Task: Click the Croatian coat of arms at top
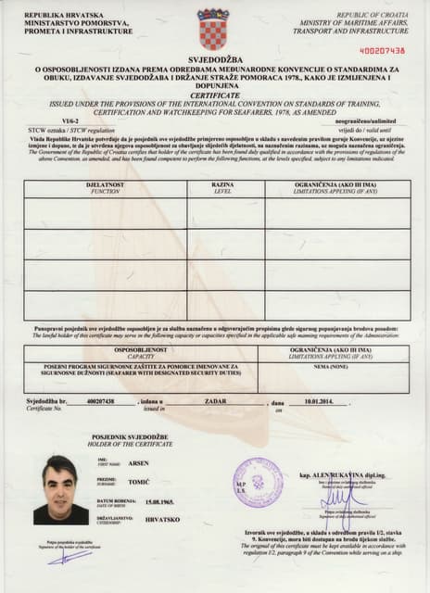pos(213,29)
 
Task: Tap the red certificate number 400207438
pos(382,50)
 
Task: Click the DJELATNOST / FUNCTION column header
pos(105,187)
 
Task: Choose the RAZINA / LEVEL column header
pos(223,187)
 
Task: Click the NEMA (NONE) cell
pos(331,368)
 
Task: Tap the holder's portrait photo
pos(60,490)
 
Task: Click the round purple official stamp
pos(258,483)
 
